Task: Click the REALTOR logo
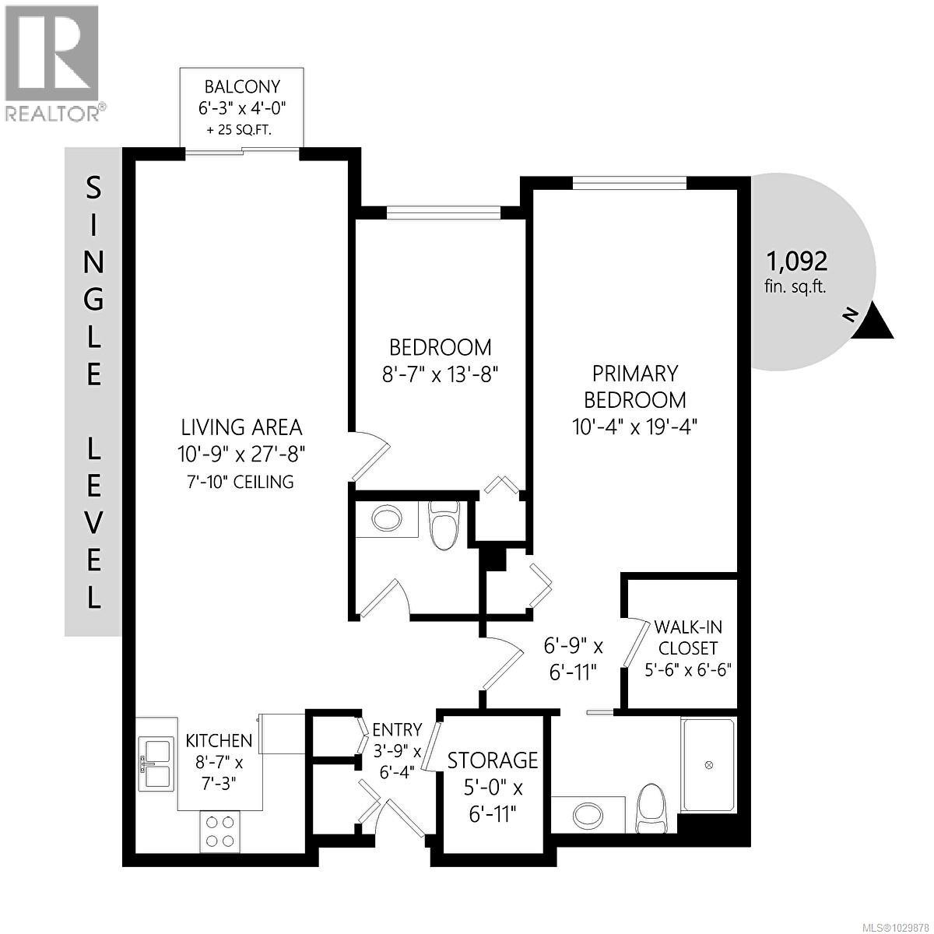click(x=52, y=62)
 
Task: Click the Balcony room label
click(x=241, y=86)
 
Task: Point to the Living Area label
click(x=241, y=427)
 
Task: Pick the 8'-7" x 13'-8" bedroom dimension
click(x=441, y=374)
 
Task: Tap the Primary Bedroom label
click(x=635, y=386)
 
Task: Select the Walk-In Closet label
click(x=686, y=637)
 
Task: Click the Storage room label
click(x=493, y=760)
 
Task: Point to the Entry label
click(x=397, y=729)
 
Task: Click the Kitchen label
click(x=219, y=740)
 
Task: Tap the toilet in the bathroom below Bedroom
click(x=445, y=525)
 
